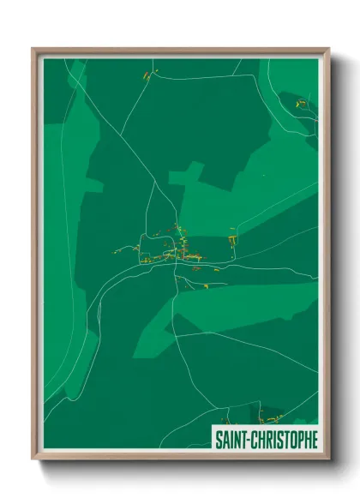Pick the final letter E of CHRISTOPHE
pyautogui.click(x=314, y=440)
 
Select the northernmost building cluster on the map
pyautogui.click(x=147, y=76)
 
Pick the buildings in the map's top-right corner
pyautogui.click(x=301, y=104)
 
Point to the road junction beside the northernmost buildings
pyautogui.click(x=153, y=79)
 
